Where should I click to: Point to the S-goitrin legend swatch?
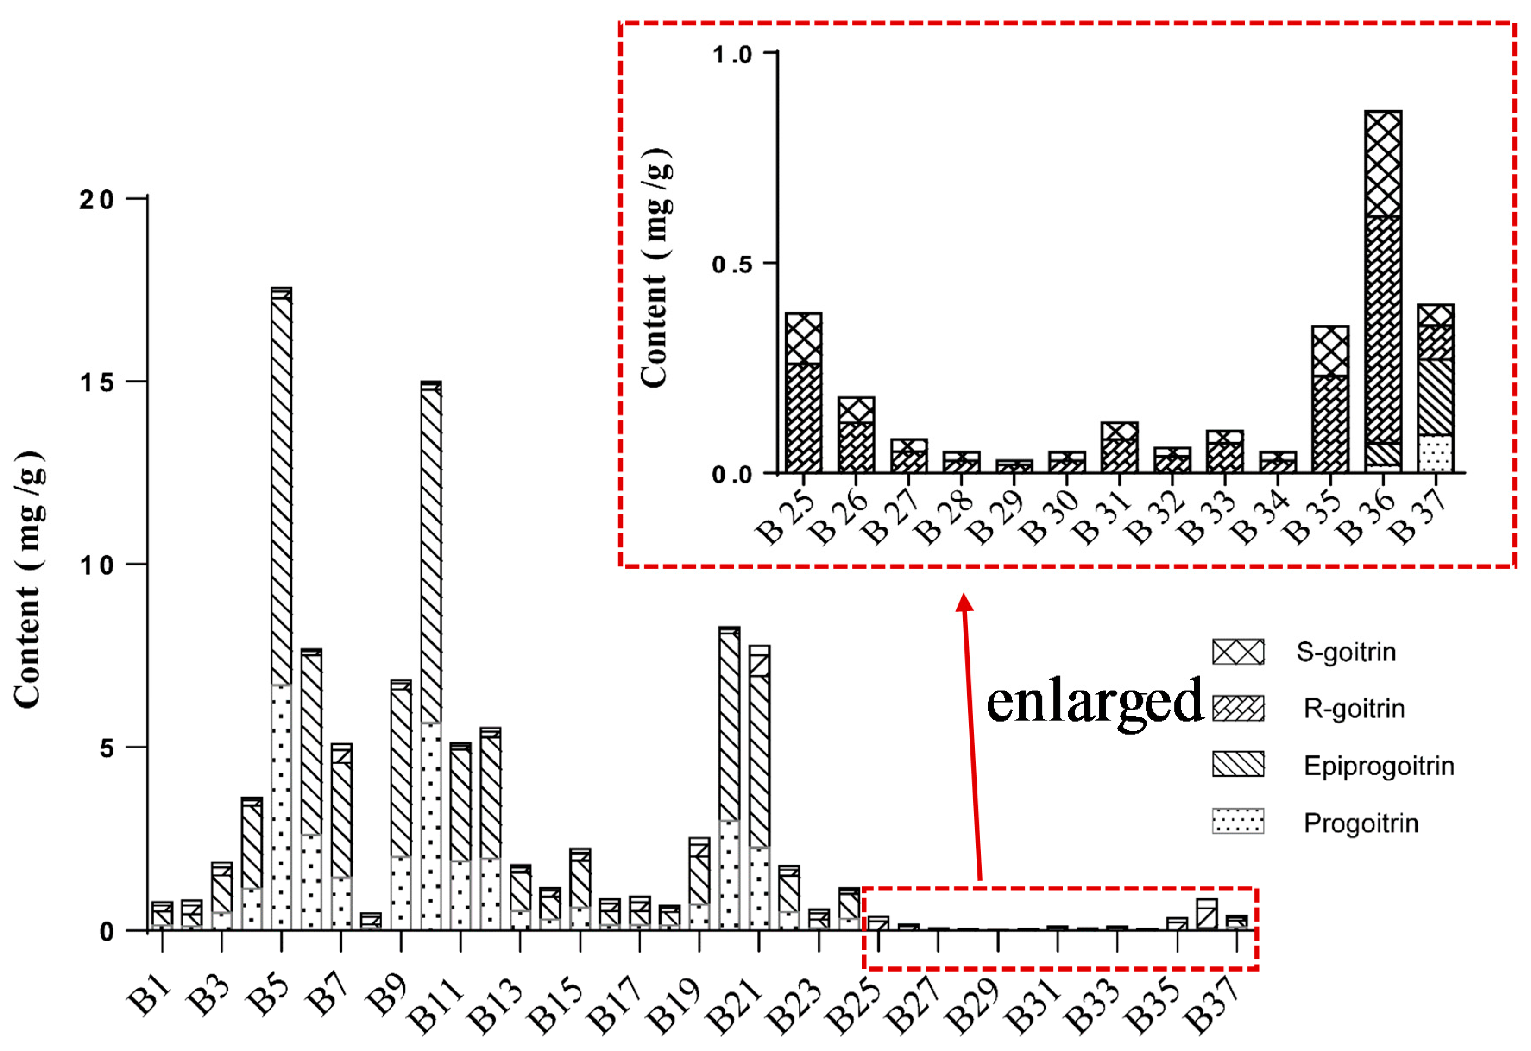tap(1238, 652)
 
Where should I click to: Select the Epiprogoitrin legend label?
tap(1379, 766)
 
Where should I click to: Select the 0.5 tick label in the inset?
tap(731, 264)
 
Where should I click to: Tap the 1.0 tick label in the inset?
tap(731, 54)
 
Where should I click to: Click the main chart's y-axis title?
tap(29, 580)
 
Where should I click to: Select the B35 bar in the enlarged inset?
tap(1330, 399)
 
